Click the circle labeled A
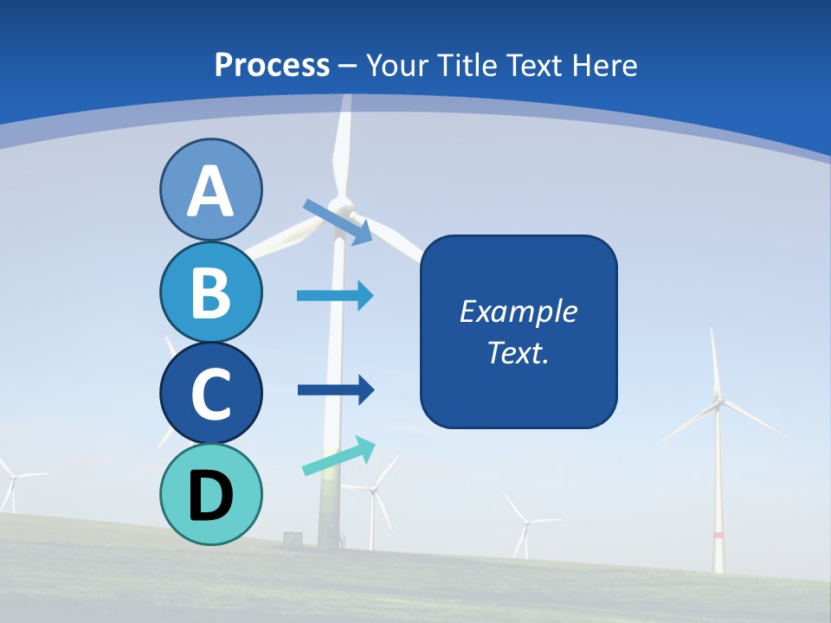click(210, 189)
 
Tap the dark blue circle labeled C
click(210, 393)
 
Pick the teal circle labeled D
click(210, 494)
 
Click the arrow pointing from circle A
click(338, 222)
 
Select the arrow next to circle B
click(335, 295)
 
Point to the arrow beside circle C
click(335, 390)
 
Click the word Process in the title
click(272, 65)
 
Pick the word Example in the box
click(518, 311)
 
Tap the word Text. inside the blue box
click(518, 352)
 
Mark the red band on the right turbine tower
click(718, 536)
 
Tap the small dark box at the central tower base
click(293, 537)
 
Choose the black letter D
click(210, 496)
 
